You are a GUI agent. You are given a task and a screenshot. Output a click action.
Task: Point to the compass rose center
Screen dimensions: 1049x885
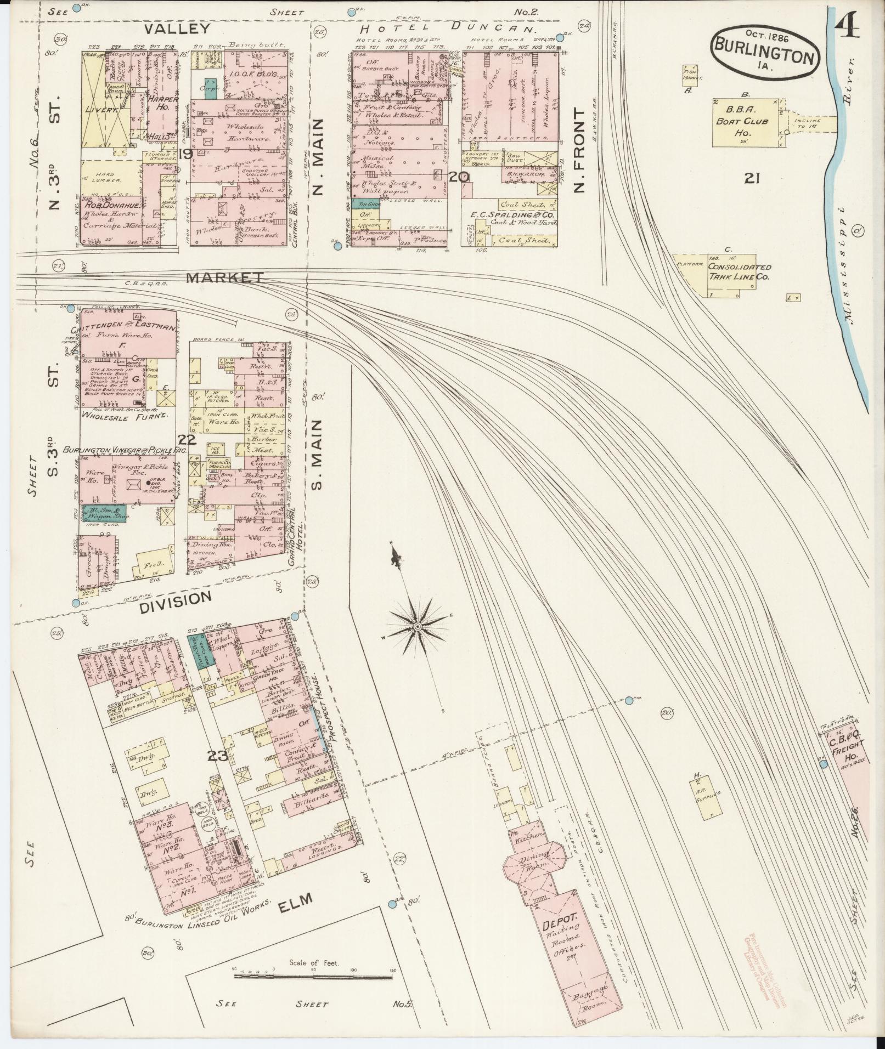418,626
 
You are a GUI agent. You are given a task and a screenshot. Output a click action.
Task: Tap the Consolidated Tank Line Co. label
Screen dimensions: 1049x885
739,271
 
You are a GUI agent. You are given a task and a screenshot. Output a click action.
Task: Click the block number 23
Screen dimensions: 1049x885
217,756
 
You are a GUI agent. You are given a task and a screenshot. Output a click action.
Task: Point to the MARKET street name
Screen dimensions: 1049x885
224,278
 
